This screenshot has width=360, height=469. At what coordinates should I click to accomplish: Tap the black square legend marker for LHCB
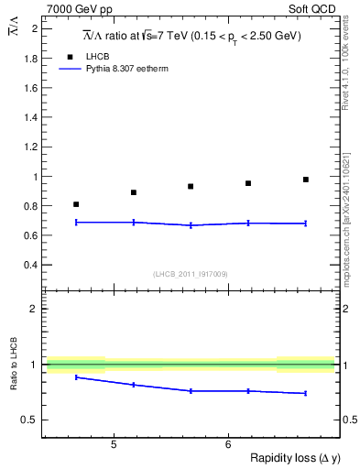(65, 57)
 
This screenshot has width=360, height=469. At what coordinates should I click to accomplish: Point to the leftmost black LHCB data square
(76, 204)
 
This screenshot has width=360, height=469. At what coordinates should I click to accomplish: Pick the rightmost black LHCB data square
(306, 180)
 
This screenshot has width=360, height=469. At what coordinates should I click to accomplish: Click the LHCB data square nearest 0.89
(134, 192)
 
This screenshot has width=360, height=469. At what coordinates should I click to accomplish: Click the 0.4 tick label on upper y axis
(31, 265)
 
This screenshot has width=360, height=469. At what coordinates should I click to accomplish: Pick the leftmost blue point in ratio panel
(76, 377)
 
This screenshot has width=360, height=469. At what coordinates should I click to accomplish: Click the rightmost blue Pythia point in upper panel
(306, 224)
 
